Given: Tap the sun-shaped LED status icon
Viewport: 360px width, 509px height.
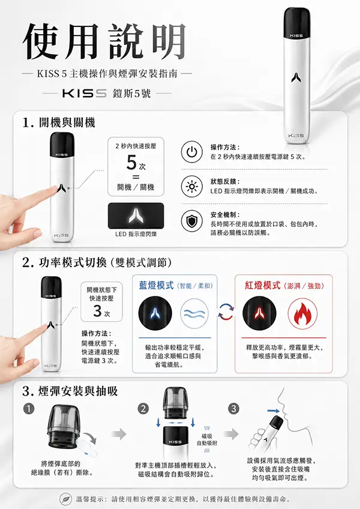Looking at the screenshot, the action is point(191,186).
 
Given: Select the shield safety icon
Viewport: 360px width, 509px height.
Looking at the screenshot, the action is point(191,221).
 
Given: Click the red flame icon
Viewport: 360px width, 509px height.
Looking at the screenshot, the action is point(302,313).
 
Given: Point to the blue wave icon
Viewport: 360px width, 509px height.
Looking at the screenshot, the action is point(195,313).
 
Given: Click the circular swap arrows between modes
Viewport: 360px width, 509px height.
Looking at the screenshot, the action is point(226,312).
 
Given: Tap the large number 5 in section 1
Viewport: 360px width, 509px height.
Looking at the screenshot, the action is point(131,162).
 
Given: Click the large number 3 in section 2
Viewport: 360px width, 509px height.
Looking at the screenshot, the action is point(97,311).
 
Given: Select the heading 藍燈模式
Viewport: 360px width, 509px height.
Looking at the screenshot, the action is point(157,285).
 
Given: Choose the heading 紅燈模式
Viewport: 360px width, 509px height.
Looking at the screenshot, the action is point(263,285).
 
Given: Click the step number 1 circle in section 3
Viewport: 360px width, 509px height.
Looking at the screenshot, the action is point(29,409).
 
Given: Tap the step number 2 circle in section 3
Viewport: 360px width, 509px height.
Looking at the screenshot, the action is point(143,409).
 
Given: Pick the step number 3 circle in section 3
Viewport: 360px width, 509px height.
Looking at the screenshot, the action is point(234,409).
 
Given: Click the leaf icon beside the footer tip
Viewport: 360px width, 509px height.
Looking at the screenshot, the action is point(65,499).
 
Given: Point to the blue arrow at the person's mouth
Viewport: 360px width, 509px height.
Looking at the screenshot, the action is point(273,411).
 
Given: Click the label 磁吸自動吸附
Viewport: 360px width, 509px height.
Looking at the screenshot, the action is point(207,440).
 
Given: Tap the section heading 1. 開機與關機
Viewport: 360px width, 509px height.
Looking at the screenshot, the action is point(59,122).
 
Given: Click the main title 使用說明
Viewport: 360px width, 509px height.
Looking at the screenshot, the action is point(105,42).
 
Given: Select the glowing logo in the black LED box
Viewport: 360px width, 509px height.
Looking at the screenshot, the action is point(136,215).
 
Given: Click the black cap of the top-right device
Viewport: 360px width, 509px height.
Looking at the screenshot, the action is point(296,23).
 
